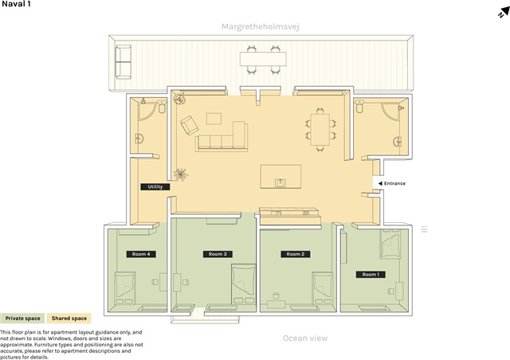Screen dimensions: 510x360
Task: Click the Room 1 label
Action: coord(371,275)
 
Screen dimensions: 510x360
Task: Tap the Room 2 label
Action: coord(296,254)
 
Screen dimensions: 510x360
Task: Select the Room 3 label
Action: coord(218,254)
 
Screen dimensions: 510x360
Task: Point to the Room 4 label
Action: coord(141,254)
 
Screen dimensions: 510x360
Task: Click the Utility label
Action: coord(155,186)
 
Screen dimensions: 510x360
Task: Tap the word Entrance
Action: coord(394,183)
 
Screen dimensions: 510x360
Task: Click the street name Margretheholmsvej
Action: coord(261,26)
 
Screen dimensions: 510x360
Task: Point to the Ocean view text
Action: coord(305,338)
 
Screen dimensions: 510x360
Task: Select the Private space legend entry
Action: coord(22,319)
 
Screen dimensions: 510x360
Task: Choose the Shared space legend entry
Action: coord(69,319)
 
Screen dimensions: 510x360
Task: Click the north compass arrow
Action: coord(504,13)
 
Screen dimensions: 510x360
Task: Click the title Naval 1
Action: coord(16,4)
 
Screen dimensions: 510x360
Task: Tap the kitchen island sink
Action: coord(280,182)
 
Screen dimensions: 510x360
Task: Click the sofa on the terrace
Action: coord(124,62)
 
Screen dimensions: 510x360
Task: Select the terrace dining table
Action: coord(263,59)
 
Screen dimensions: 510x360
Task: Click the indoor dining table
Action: coord(320,130)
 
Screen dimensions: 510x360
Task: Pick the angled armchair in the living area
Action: coord(190,124)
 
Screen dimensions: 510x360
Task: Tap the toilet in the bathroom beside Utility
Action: coord(162,107)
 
